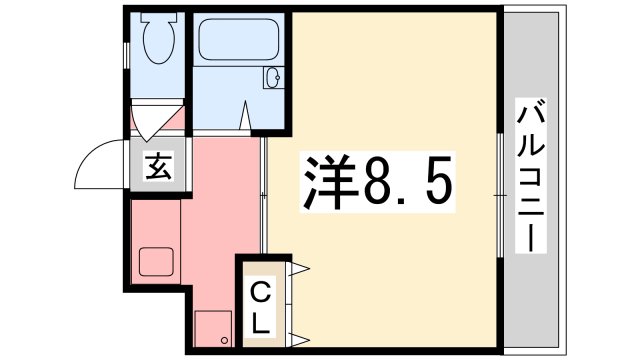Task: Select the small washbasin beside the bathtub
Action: (x=271, y=78)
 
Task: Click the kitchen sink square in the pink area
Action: (x=158, y=262)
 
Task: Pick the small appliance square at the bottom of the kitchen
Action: (x=211, y=326)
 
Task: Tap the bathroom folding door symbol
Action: (x=247, y=118)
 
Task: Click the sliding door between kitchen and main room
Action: (x=264, y=196)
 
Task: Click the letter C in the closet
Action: (x=260, y=294)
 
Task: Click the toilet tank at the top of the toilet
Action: (x=159, y=20)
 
